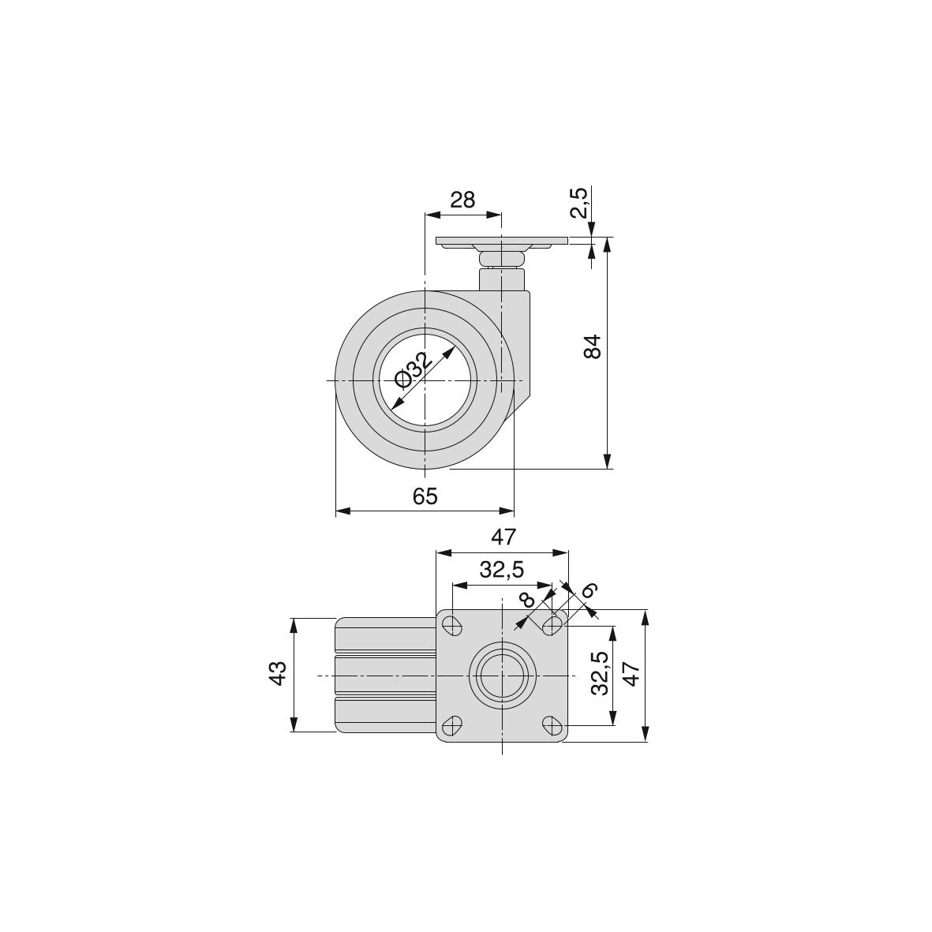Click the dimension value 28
coord(462,200)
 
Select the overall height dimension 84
coord(593,346)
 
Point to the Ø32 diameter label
coord(411,369)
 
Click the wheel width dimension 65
coord(425,496)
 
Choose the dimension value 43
coord(278,673)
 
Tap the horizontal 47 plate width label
coord(503,537)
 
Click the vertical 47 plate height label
coord(631,673)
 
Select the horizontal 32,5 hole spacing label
coord(502,570)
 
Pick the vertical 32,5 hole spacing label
coord(601,673)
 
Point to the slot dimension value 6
coord(589,590)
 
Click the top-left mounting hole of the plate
coord(453,625)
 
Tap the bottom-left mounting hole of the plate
coord(453,725)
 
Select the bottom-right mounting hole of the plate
coord(552,725)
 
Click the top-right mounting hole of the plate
coord(552,625)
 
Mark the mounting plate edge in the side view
coord(502,241)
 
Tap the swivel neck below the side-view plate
coord(502,260)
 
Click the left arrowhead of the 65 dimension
coord(343,511)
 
